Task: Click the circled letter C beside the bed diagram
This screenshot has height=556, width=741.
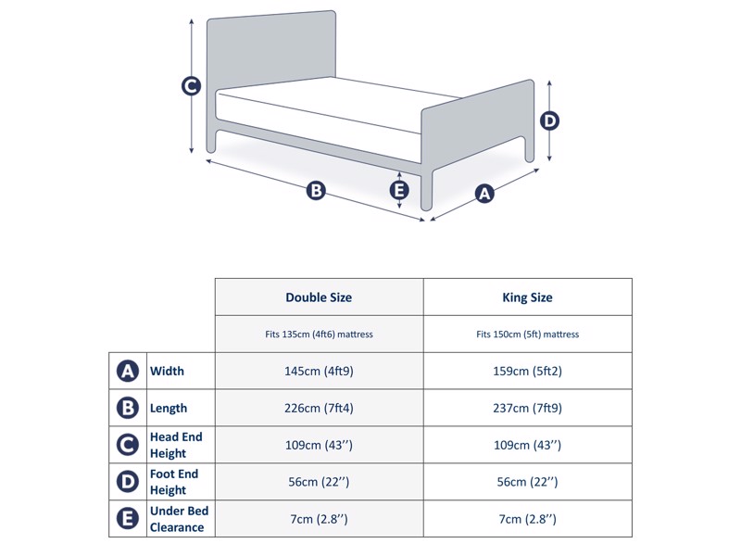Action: tap(191, 86)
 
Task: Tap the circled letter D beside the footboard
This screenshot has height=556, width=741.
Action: tap(549, 120)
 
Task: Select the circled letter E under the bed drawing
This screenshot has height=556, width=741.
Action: tap(399, 190)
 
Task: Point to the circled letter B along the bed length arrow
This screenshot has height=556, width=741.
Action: tap(316, 191)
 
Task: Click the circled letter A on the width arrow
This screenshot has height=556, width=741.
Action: tap(484, 193)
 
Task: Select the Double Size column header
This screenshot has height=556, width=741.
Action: tap(319, 297)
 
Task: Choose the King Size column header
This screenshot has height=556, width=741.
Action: tap(527, 297)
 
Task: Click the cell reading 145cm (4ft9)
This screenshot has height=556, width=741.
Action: tap(319, 371)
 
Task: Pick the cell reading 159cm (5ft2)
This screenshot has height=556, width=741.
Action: tap(527, 371)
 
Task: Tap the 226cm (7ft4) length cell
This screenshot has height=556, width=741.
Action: tap(319, 408)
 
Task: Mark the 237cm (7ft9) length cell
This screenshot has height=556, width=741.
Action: tap(527, 408)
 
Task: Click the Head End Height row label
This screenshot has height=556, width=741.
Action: tap(176, 445)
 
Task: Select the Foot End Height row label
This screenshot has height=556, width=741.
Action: tap(174, 482)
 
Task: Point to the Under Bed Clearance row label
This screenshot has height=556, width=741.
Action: tap(179, 519)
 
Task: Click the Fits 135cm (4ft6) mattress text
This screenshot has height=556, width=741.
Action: tap(319, 334)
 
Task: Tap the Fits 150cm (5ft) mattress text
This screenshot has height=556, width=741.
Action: tap(527, 334)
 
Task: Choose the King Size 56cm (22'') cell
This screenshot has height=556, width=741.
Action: tap(527, 482)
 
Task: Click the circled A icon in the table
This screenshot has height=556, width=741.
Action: tap(128, 371)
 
